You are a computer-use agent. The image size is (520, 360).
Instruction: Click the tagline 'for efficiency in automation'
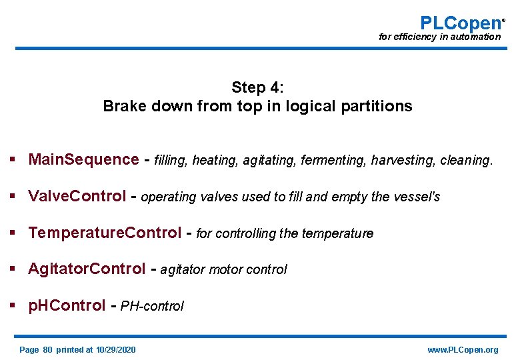click(x=439, y=37)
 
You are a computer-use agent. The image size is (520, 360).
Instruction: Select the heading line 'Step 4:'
click(x=258, y=87)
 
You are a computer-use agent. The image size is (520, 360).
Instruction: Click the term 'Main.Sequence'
click(x=83, y=160)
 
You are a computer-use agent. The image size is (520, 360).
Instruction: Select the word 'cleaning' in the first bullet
click(x=465, y=161)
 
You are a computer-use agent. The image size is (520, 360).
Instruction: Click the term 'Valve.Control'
click(x=77, y=197)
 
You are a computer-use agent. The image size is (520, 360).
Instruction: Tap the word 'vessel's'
click(x=416, y=197)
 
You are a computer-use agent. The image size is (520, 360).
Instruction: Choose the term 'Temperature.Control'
click(x=105, y=233)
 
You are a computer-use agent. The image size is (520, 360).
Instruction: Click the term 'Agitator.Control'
click(x=87, y=269)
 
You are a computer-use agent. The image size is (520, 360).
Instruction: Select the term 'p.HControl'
click(x=67, y=306)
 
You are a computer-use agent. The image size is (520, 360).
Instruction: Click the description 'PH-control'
click(x=152, y=307)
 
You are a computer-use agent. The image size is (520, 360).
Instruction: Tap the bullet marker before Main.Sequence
click(x=13, y=160)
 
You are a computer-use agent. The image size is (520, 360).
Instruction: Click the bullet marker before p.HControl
click(x=13, y=306)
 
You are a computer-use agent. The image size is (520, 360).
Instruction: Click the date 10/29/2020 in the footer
click(x=115, y=350)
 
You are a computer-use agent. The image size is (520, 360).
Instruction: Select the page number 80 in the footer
click(x=47, y=350)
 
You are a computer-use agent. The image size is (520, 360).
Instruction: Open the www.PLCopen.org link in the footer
click(x=463, y=350)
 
